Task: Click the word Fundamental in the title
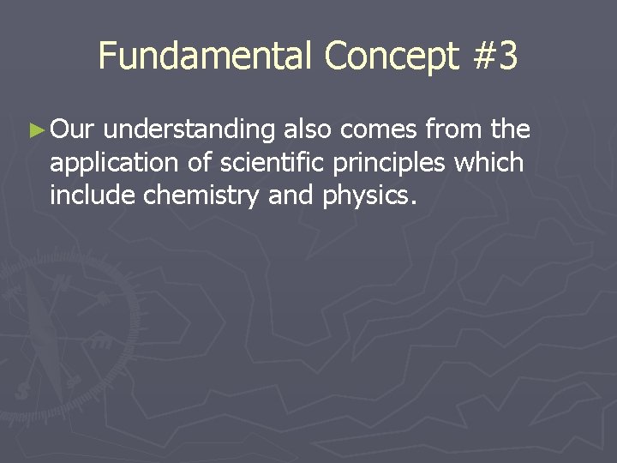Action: click(206, 57)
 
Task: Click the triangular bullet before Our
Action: click(35, 131)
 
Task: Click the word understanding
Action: click(192, 131)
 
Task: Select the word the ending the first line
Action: click(512, 130)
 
